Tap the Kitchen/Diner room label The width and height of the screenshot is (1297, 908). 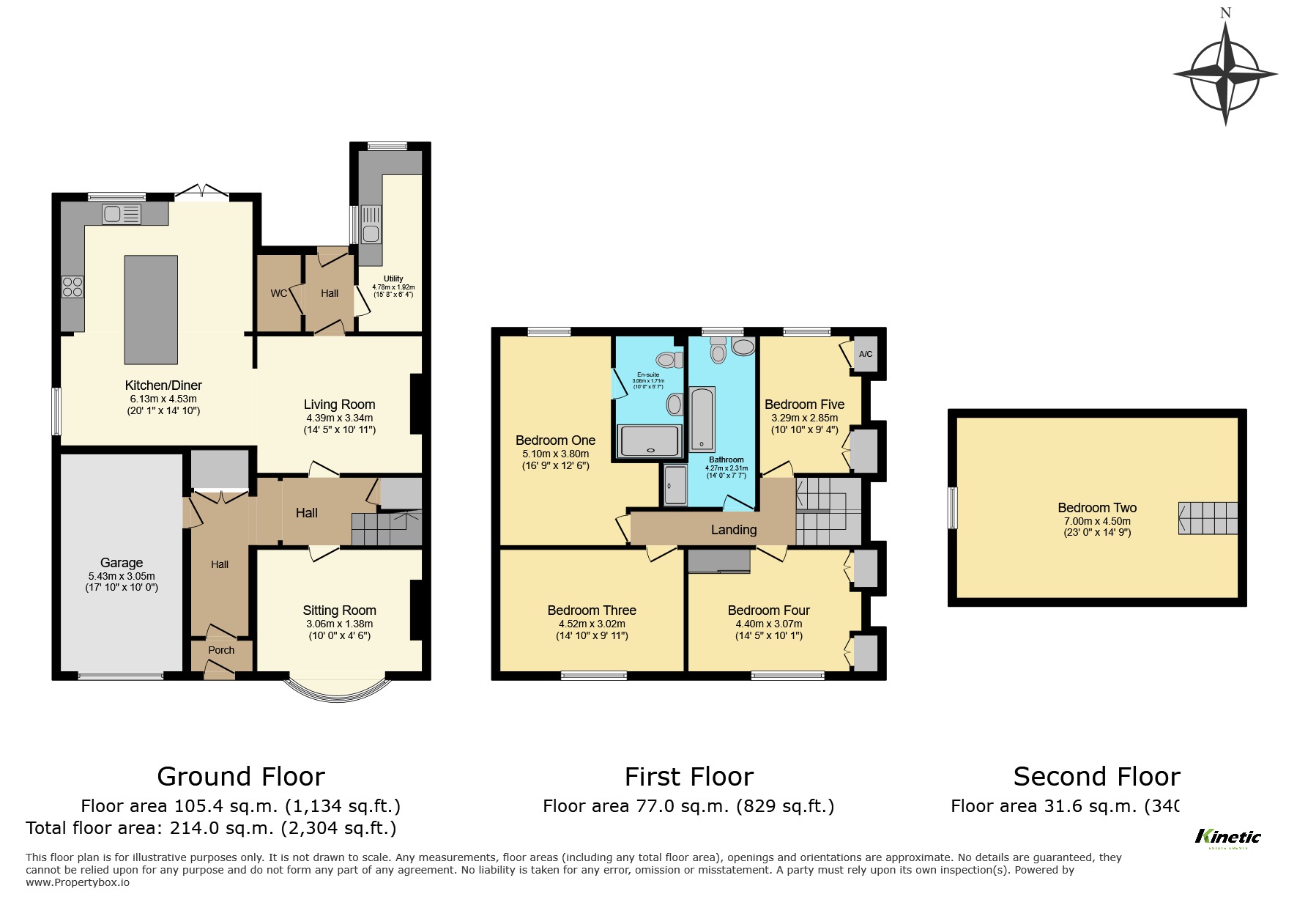[163, 385]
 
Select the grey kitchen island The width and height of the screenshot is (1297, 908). [151, 309]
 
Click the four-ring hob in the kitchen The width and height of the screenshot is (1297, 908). [73, 286]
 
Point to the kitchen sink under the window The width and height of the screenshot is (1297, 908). [122, 214]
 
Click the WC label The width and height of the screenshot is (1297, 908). [279, 293]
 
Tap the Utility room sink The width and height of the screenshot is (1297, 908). [371, 234]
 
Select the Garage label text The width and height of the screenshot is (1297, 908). [122, 563]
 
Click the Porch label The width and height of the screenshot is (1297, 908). [221, 650]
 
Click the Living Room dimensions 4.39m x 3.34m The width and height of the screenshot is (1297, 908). [339, 418]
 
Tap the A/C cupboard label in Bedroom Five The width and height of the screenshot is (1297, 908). [865, 355]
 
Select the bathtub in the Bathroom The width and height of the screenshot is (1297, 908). [702, 420]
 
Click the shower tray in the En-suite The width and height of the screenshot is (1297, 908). [651, 441]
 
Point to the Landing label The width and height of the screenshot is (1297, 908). [733, 530]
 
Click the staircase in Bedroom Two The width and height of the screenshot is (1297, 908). [1208, 518]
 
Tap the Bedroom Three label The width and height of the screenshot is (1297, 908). [592, 610]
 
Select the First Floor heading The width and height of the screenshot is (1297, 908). [688, 776]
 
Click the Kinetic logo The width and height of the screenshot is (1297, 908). [1227, 838]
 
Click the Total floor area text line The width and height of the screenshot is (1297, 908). [211, 829]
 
